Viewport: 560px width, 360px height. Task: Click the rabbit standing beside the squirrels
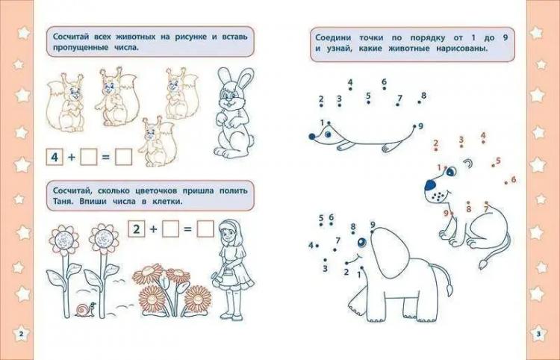pyautogui.click(x=234, y=114)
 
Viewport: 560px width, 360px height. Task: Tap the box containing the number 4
pyautogui.click(x=55, y=157)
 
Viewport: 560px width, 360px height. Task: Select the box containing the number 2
pyautogui.click(x=137, y=229)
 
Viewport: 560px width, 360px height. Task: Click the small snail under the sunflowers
pyautogui.click(x=86, y=309)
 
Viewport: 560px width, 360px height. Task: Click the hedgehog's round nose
pyautogui.click(x=312, y=136)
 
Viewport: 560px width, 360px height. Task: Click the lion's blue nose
pyautogui.click(x=430, y=185)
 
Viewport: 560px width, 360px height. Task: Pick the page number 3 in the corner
pyautogui.click(x=539, y=335)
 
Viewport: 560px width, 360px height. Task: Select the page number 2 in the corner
pyautogui.click(x=21, y=335)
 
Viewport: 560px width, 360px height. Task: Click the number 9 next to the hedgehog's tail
pyautogui.click(x=420, y=126)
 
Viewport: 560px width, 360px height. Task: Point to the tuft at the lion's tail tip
pyautogui.click(x=484, y=264)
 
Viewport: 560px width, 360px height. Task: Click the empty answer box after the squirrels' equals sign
pyautogui.click(x=123, y=157)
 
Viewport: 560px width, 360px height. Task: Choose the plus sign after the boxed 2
pyautogui.click(x=153, y=229)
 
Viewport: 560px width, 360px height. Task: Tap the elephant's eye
pyautogui.click(x=362, y=243)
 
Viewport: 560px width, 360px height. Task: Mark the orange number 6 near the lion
pyautogui.click(x=514, y=179)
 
